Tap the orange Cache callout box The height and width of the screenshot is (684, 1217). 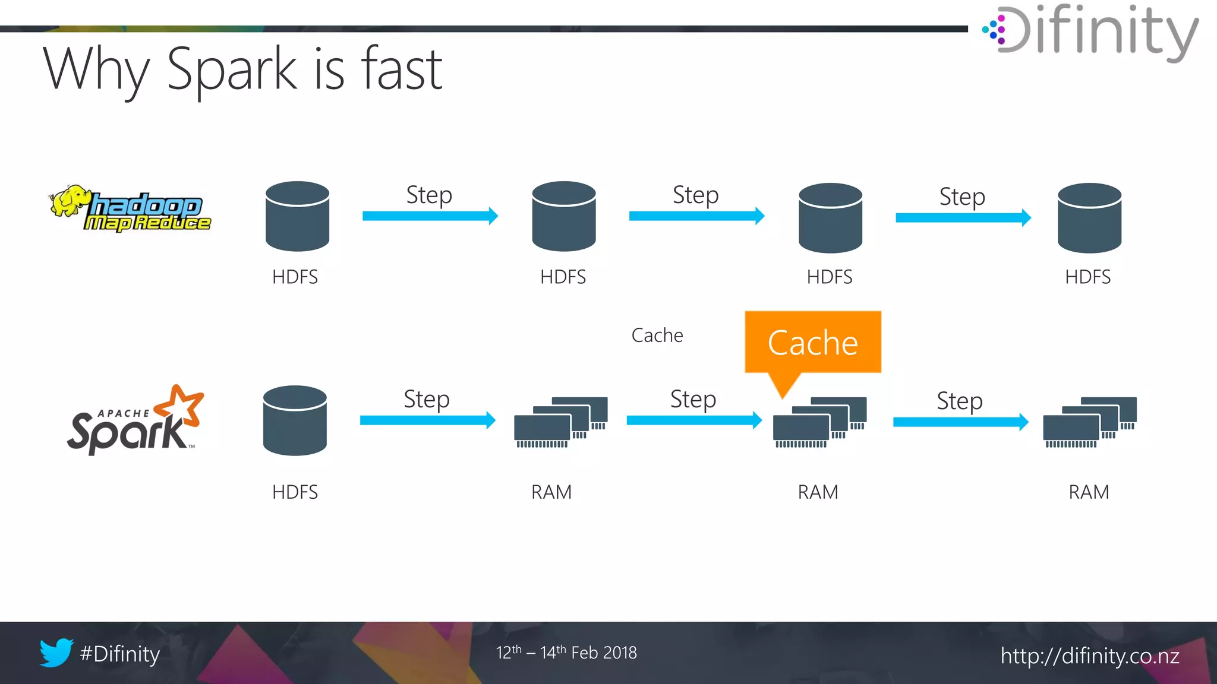(x=812, y=343)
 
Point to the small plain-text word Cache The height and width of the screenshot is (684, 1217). (x=657, y=335)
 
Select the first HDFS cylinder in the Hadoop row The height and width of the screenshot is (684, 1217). (x=297, y=216)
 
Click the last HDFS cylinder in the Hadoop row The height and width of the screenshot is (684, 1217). (x=1089, y=218)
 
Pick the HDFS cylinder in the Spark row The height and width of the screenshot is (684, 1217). (x=295, y=420)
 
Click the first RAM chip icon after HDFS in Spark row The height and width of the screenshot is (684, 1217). (x=560, y=422)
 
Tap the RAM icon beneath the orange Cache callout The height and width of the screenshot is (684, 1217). (x=819, y=422)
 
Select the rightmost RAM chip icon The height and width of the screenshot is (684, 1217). (x=1089, y=422)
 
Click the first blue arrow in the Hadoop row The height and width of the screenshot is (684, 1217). (x=430, y=216)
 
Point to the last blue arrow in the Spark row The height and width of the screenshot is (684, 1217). (x=960, y=422)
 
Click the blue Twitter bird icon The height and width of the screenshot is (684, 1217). (x=56, y=653)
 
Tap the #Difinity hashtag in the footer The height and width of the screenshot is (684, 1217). (x=120, y=654)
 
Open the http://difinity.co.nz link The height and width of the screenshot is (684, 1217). (x=1089, y=656)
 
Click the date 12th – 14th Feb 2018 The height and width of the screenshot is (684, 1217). (x=566, y=653)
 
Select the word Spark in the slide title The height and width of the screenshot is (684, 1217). (x=232, y=70)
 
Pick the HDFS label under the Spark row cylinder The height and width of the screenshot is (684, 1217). (x=295, y=492)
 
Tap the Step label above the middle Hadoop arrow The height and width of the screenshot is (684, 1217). (x=695, y=195)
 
